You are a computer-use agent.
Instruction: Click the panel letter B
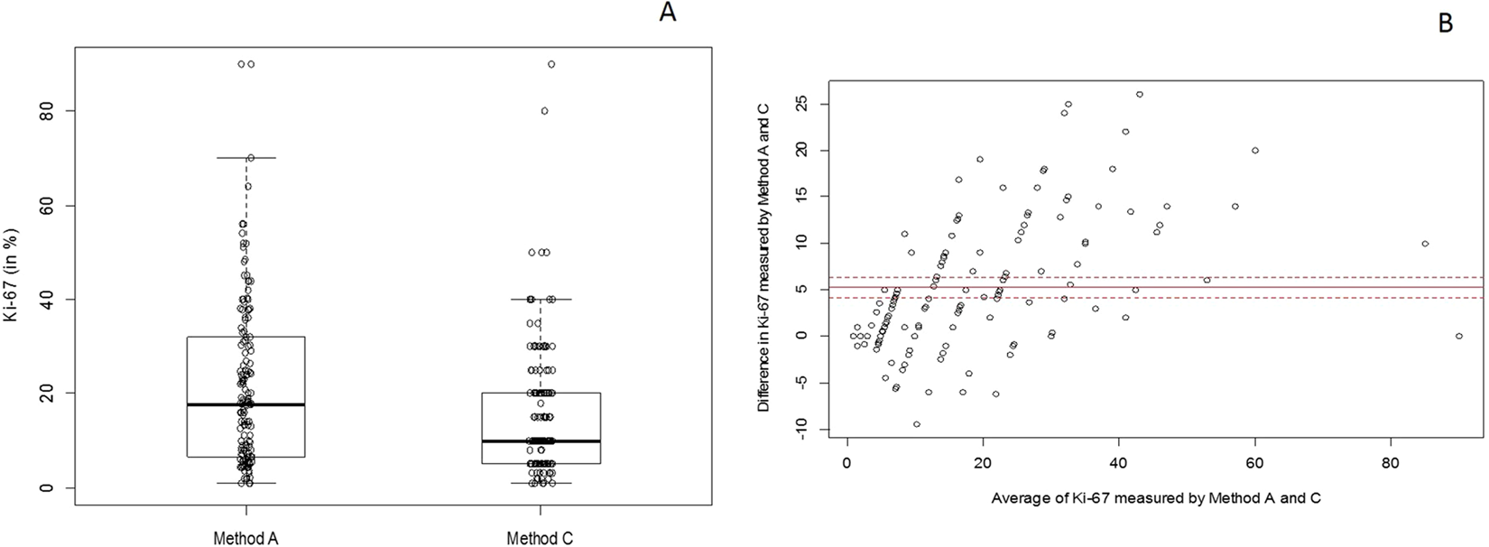[x=1446, y=24]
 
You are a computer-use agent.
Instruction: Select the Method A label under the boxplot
[x=245, y=539]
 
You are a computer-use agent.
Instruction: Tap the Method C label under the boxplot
[x=540, y=539]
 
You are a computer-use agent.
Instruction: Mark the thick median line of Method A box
[x=245, y=405]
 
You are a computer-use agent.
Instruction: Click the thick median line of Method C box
[x=541, y=441]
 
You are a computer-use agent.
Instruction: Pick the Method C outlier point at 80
[x=544, y=111]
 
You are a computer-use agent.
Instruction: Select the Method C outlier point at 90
[x=551, y=64]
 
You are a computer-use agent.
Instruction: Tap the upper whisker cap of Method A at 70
[x=245, y=158]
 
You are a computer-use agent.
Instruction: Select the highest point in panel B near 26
[x=1140, y=94]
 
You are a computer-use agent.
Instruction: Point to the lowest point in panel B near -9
[x=916, y=424]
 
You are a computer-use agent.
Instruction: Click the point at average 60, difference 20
[x=1255, y=151]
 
